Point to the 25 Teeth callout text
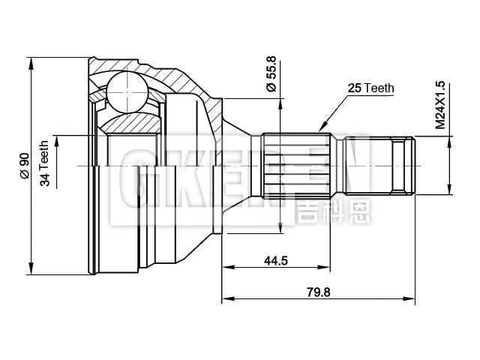pyautogui.click(x=370, y=88)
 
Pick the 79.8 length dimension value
pyautogui.click(x=318, y=292)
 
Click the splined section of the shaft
pyautogui.click(x=296, y=163)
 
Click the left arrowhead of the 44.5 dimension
pyautogui.click(x=227, y=266)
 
